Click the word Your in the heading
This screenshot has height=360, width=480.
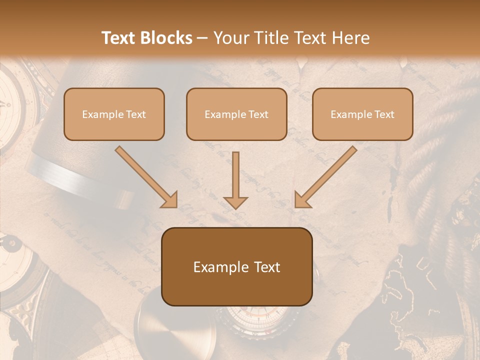tap(231, 38)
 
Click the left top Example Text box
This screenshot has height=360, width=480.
tap(114, 114)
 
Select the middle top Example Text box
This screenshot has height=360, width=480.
tap(236, 114)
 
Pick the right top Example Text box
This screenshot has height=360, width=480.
tap(362, 114)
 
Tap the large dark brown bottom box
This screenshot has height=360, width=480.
tap(236, 266)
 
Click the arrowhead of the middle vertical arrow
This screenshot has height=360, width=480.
tap(235, 202)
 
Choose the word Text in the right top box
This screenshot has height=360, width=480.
tap(384, 114)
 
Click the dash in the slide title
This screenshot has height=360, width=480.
tap(202, 38)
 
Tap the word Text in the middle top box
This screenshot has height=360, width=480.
tap(258, 114)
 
